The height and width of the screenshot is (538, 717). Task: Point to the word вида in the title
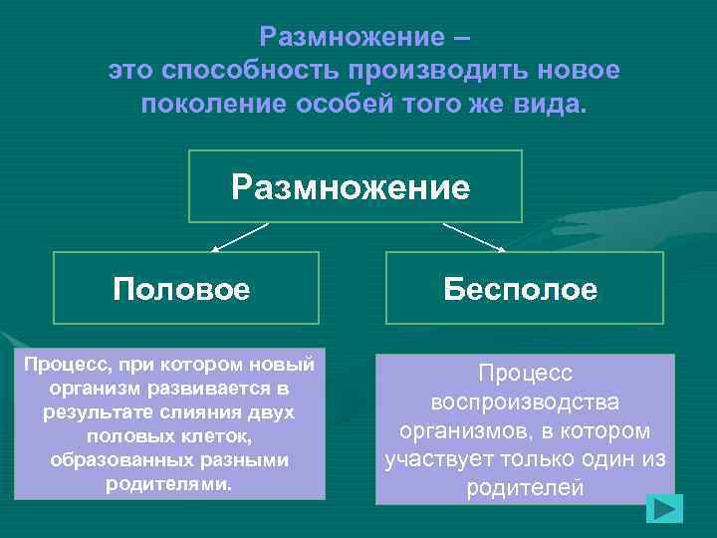pos(553,104)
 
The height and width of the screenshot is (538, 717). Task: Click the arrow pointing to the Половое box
pos(238,237)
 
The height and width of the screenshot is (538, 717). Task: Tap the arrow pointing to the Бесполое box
pos(475,237)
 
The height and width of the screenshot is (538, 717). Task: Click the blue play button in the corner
pos(663,509)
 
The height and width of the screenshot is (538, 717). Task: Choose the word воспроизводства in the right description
pos(525,403)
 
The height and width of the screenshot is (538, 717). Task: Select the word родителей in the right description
pos(524,489)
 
